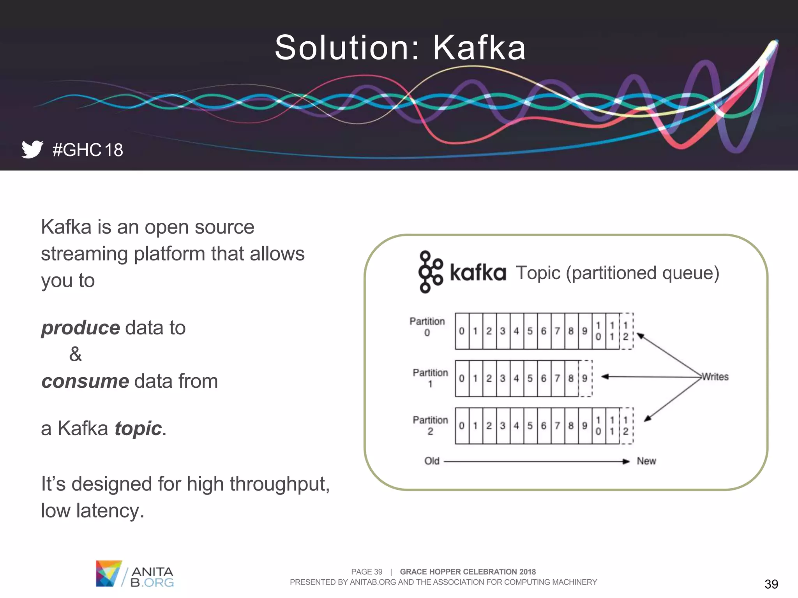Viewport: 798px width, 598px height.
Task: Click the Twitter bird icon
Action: (x=32, y=149)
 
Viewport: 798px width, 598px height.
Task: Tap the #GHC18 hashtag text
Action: (x=88, y=150)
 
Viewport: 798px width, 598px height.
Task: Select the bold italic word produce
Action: (x=81, y=328)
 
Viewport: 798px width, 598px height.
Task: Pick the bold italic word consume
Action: (x=85, y=381)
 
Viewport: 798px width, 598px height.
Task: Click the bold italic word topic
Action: (x=138, y=429)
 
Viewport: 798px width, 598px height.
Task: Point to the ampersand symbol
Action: (x=75, y=354)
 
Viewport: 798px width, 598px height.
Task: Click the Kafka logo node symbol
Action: (x=430, y=272)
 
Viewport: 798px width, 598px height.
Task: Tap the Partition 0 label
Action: (x=427, y=327)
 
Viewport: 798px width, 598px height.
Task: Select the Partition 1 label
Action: (x=430, y=378)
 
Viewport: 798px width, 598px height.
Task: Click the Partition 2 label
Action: (x=430, y=425)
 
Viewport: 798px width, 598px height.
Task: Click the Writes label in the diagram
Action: (x=715, y=377)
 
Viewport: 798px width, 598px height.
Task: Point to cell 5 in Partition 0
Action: (x=530, y=331)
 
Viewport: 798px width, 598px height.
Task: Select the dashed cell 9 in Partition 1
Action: (x=585, y=378)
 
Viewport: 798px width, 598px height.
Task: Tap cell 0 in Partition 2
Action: (x=462, y=426)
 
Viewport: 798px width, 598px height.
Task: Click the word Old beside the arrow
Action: (x=432, y=461)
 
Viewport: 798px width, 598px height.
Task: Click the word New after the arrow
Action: (x=646, y=461)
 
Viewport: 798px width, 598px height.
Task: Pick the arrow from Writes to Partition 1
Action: (x=651, y=376)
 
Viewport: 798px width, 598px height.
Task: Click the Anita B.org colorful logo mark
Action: (x=108, y=573)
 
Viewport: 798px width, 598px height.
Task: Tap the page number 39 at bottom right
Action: (x=771, y=584)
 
